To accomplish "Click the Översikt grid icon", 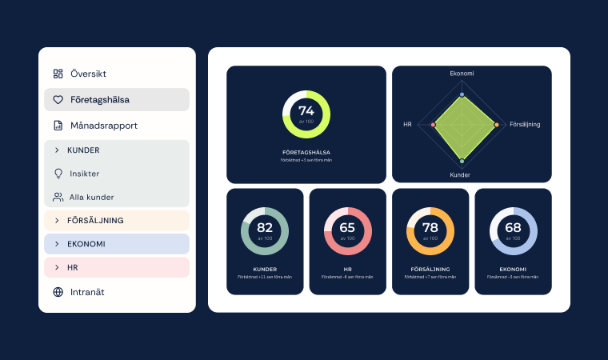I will coord(58,74).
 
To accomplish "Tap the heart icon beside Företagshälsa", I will coord(58,100).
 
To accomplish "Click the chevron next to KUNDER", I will coord(57,150).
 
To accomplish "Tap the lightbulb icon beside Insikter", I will coord(58,173).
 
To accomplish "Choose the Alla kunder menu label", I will coord(91,197).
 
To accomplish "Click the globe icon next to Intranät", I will coord(58,292).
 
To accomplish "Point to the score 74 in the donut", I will coord(306,111).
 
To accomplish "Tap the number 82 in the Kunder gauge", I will coord(265,228).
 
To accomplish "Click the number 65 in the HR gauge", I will coord(347,228).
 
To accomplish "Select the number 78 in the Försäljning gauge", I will coord(430,228).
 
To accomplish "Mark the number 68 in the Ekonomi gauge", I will coord(513,228).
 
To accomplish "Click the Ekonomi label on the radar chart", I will coord(462,74).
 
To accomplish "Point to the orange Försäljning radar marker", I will coord(497,125).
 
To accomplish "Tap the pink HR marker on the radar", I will coord(433,125).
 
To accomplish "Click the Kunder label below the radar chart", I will coord(460,174).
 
